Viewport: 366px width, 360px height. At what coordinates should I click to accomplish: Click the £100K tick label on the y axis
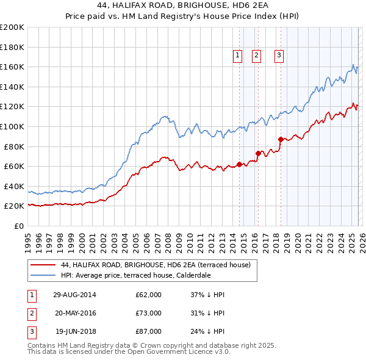[12, 126]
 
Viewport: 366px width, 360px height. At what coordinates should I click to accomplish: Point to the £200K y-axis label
[12, 27]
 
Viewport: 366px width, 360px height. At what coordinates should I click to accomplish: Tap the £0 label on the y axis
[18, 226]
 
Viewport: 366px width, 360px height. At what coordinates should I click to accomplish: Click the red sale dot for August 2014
[239, 164]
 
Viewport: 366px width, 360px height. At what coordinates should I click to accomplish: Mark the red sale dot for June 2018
[281, 139]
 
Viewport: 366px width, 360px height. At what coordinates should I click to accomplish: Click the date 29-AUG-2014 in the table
[75, 295]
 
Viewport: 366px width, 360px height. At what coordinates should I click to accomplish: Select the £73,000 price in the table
[148, 313]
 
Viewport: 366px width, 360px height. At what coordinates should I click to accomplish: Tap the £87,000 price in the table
[148, 331]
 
